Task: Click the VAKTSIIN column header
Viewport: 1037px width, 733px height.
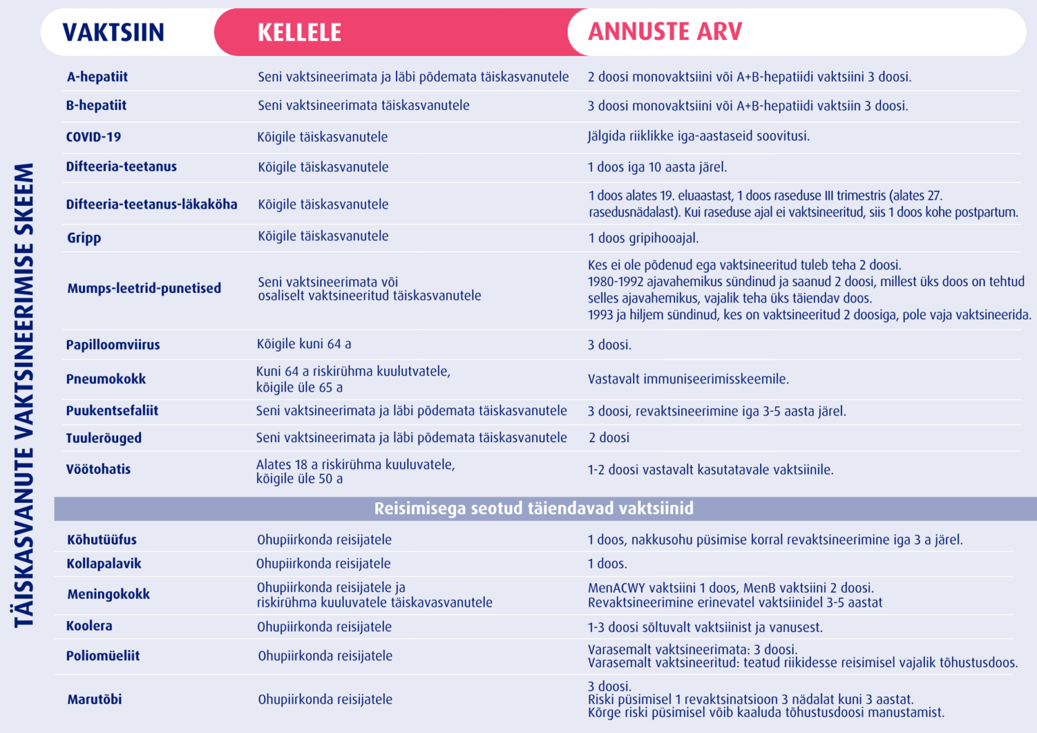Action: click(113, 32)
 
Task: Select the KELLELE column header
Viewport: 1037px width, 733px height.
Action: click(299, 32)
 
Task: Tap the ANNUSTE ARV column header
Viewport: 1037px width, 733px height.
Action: click(665, 32)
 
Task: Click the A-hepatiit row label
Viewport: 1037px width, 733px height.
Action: click(97, 77)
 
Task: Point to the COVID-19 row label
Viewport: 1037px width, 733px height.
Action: click(93, 137)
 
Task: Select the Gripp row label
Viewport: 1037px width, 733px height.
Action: click(84, 238)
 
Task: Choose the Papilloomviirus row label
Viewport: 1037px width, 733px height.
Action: click(113, 345)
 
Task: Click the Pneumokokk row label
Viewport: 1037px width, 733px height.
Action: click(106, 379)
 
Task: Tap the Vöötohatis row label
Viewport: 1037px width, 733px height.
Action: click(99, 469)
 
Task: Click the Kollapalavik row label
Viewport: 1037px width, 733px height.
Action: click(104, 564)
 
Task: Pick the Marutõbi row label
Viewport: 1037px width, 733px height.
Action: click(95, 699)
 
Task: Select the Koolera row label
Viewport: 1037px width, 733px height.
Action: click(89, 626)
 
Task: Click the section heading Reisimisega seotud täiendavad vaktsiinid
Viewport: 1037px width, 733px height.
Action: click(533, 508)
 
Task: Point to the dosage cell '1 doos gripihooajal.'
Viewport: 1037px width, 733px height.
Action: click(643, 238)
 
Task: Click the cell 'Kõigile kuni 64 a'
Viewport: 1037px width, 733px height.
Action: click(304, 344)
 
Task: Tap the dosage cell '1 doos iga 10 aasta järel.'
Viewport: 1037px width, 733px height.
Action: click(657, 167)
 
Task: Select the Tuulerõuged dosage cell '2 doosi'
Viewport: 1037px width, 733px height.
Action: click(609, 438)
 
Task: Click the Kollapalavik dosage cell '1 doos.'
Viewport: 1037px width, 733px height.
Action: click(607, 564)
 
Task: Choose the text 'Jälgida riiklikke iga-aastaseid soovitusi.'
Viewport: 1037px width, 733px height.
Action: click(698, 136)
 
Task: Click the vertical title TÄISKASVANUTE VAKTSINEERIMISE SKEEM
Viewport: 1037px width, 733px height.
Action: click(24, 395)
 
